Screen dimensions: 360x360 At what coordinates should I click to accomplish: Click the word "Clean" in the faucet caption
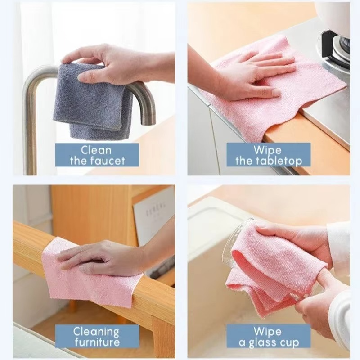point(97,150)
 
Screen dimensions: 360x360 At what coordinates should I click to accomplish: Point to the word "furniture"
point(97,342)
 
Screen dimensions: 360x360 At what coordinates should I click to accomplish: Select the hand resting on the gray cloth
point(108,63)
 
